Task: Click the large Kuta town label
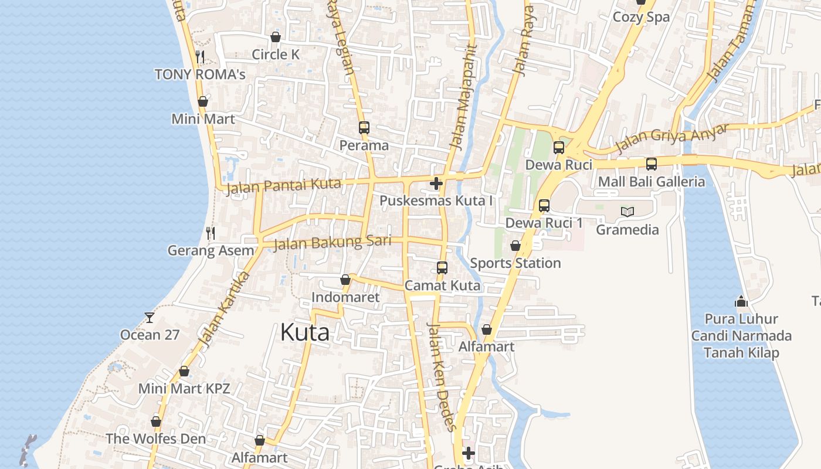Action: pos(304,332)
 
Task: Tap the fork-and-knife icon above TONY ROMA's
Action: pos(200,56)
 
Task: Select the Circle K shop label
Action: pos(276,55)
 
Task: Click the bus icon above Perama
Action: pos(364,127)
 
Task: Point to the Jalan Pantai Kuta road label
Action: pos(284,186)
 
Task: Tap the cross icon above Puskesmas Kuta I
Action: pos(436,183)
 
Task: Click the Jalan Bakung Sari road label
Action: pos(332,243)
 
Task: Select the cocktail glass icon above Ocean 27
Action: pos(150,317)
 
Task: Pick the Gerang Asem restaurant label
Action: pos(211,251)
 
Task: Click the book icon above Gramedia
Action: pos(627,212)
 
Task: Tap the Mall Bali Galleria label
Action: pos(651,182)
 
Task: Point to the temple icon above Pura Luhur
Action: pos(741,302)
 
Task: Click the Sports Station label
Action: pos(515,263)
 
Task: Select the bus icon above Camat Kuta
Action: pos(442,268)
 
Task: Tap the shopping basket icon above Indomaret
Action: pos(345,280)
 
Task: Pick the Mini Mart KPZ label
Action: pos(184,388)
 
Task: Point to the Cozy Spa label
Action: pos(640,17)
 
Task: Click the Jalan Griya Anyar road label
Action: pos(671,139)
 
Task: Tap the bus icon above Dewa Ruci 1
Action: pos(544,205)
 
